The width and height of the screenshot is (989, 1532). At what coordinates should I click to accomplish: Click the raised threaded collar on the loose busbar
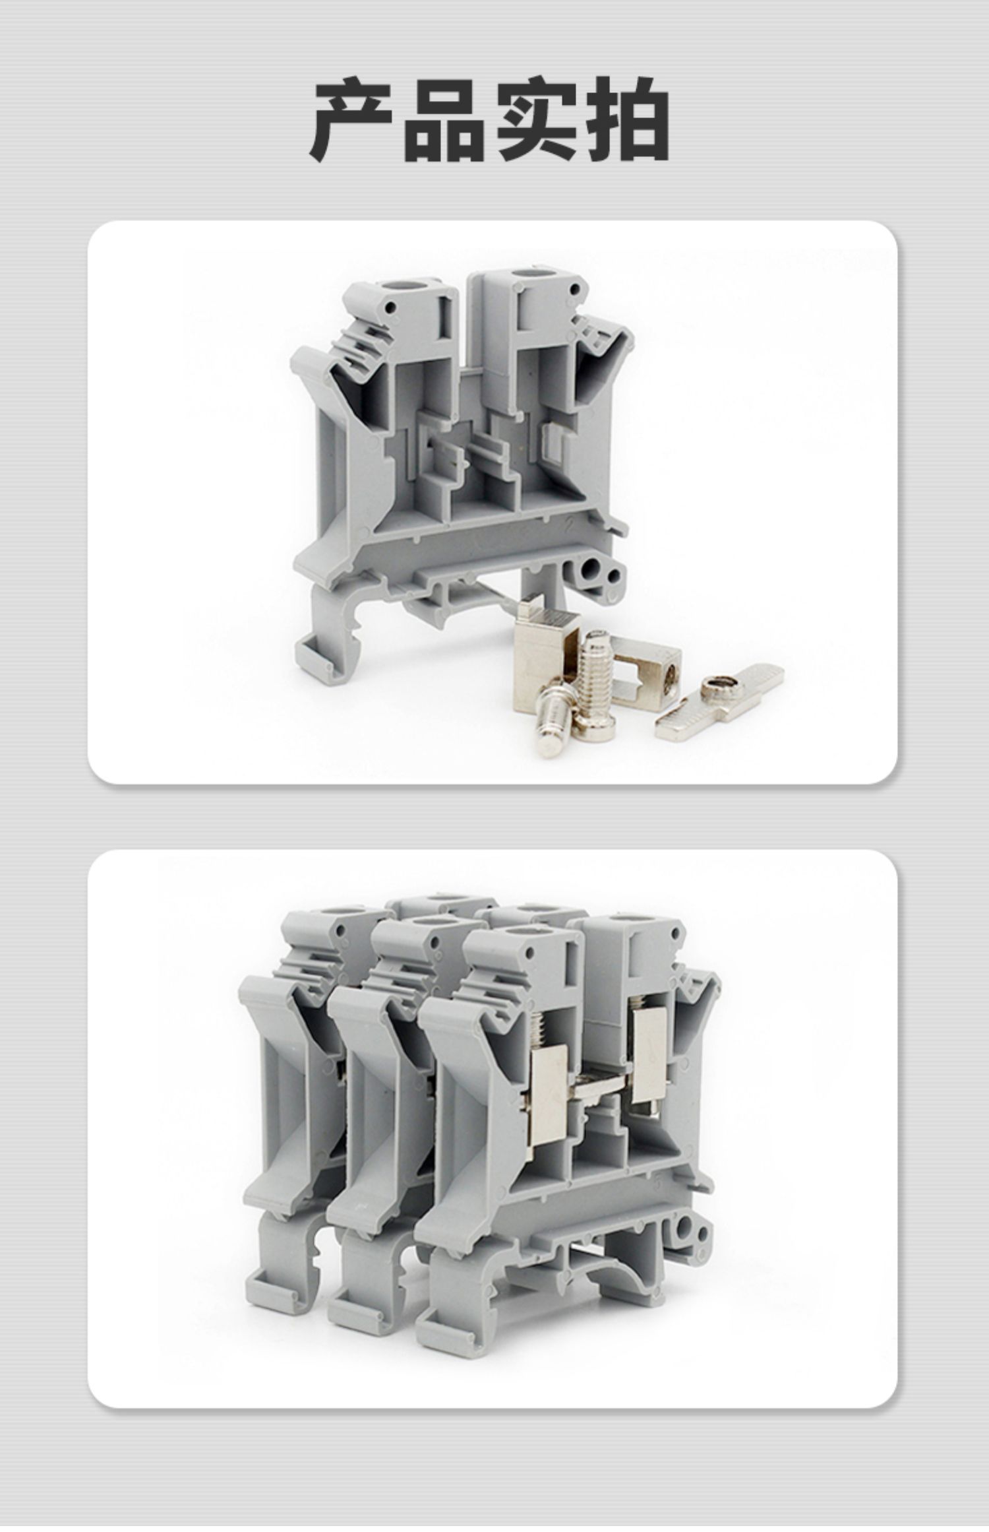coord(715,691)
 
